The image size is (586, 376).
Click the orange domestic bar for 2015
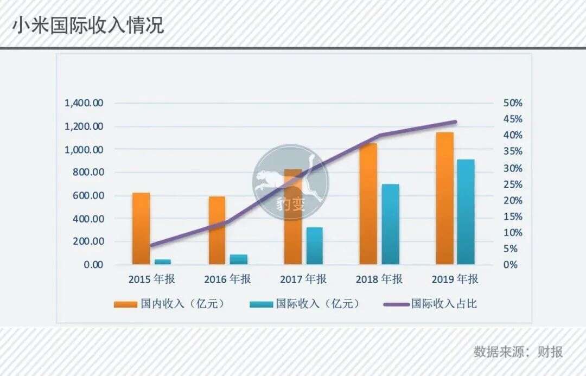pyautogui.click(x=141, y=228)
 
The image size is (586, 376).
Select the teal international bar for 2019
pyautogui.click(x=466, y=212)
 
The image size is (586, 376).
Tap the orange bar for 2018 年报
pyautogui.click(x=368, y=203)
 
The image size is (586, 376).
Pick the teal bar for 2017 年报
pyautogui.click(x=314, y=246)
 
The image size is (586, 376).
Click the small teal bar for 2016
pyautogui.click(x=238, y=259)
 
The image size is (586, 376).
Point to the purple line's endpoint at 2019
pyautogui.click(x=455, y=122)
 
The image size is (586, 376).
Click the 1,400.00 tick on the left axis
pyautogui.click(x=84, y=103)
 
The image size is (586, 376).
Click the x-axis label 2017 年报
pyautogui.click(x=303, y=279)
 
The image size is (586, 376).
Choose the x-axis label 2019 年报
pyautogui.click(x=455, y=279)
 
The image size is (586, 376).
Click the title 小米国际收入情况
pyautogui.click(x=88, y=26)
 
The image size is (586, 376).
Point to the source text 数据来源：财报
pyautogui.click(x=518, y=352)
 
